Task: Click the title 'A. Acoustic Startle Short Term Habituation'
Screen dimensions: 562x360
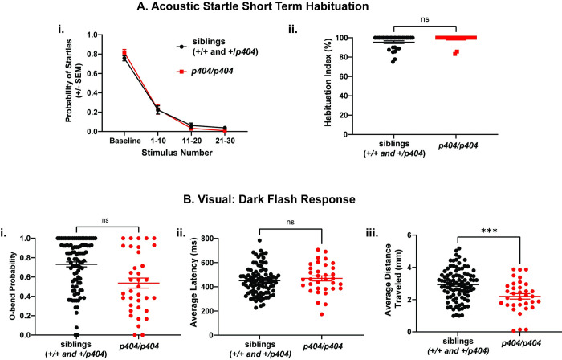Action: point(253,6)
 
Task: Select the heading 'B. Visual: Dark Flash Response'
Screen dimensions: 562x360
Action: point(269,199)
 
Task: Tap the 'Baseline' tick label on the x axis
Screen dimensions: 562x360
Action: point(125,141)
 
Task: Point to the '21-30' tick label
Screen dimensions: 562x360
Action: point(225,141)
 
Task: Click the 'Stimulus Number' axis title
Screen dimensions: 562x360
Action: point(177,153)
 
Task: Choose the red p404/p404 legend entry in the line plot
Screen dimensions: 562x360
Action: point(205,72)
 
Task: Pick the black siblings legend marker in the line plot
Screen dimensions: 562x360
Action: point(182,47)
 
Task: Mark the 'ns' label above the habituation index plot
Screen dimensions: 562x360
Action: point(425,19)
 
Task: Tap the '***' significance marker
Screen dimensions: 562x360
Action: point(489,231)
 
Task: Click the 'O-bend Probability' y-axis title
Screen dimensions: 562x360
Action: point(13,287)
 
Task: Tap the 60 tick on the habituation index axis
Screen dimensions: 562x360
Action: point(343,76)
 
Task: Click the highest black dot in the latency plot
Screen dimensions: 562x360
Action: point(259,240)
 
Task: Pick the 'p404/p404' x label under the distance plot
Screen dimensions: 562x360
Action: point(521,343)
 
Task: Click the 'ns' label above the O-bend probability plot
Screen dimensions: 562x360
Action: point(105,220)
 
